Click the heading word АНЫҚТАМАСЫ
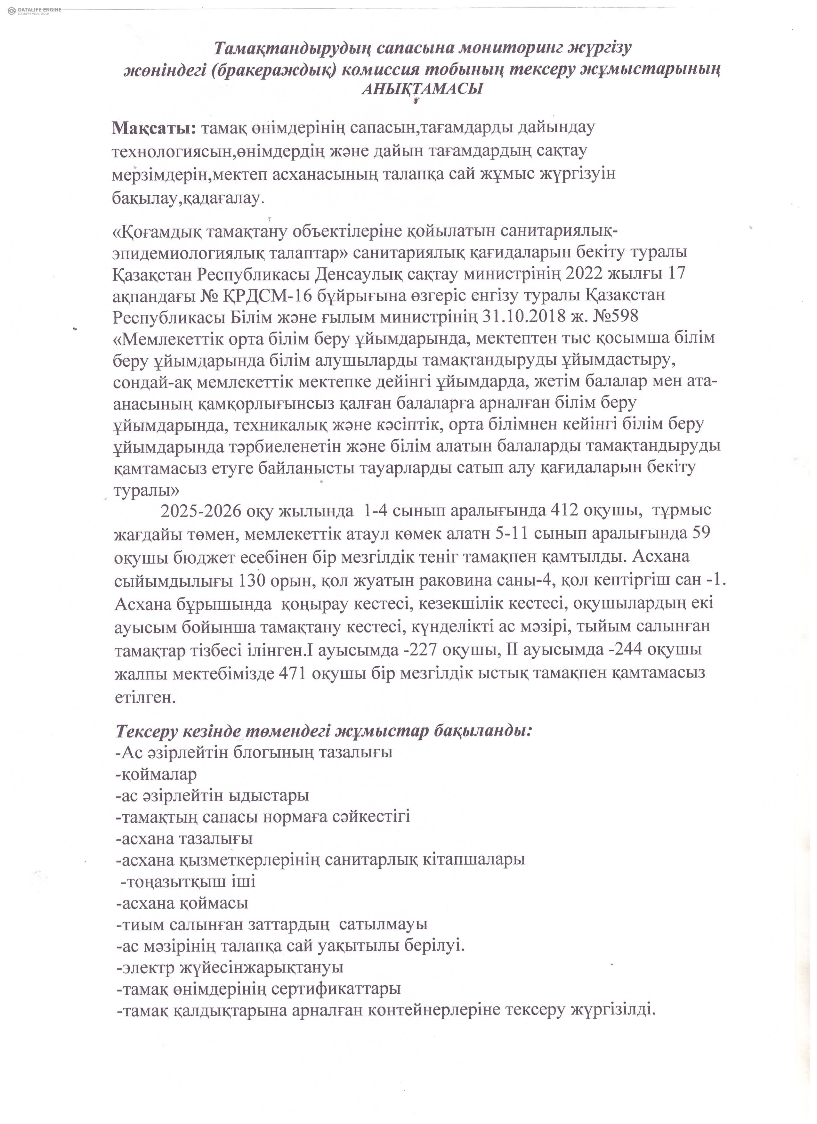(x=423, y=89)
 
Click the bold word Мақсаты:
(x=154, y=128)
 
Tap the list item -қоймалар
(x=156, y=774)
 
